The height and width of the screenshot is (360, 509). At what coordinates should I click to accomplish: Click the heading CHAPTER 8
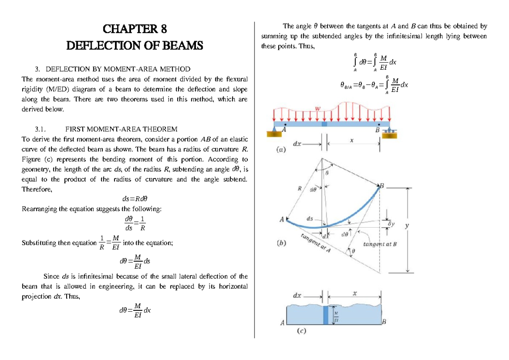tap(135, 29)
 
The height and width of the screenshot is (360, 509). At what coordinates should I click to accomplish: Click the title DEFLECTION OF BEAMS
tap(135, 45)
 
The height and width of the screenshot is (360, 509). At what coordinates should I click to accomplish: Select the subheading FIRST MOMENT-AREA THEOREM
tap(121, 129)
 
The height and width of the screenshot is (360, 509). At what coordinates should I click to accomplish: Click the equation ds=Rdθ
tap(135, 198)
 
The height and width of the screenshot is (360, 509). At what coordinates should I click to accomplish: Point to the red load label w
tap(317, 109)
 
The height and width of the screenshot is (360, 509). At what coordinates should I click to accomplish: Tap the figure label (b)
tap(280, 243)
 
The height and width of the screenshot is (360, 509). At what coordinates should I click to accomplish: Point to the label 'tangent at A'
tap(316, 243)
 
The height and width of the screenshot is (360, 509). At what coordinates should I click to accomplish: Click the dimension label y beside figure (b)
tap(407, 226)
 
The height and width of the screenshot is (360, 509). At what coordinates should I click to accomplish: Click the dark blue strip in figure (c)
tap(325, 315)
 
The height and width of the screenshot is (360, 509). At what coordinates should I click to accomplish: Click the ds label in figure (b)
tap(310, 219)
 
